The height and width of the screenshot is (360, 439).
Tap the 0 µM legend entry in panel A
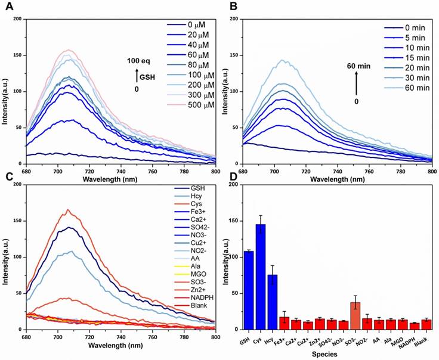coord(184,24)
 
